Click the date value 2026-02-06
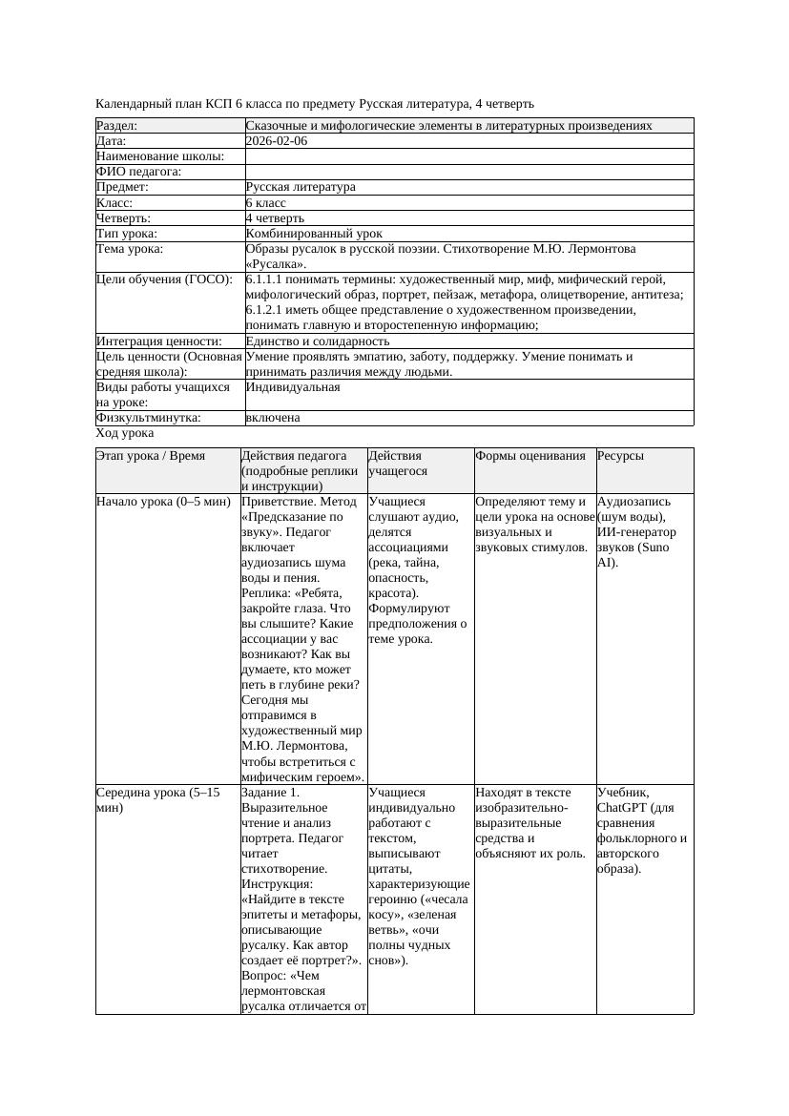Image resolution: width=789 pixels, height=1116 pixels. click(x=277, y=141)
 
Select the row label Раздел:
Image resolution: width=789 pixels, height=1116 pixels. click(x=117, y=126)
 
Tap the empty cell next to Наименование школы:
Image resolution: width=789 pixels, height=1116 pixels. click(x=468, y=156)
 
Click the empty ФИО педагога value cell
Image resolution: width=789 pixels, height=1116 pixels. click(x=468, y=172)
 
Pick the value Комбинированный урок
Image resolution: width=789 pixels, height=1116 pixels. click(x=314, y=234)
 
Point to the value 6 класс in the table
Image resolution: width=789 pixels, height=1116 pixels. click(x=266, y=203)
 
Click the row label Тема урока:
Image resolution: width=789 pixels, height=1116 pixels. click(x=130, y=249)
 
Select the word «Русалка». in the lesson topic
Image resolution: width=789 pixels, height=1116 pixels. click(x=276, y=264)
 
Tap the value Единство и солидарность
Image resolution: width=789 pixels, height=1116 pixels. click(x=318, y=341)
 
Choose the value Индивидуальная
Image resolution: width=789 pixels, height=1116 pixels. click(x=293, y=388)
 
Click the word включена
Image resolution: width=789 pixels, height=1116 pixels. click(x=273, y=419)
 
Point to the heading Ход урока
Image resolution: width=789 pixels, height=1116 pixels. click(x=125, y=433)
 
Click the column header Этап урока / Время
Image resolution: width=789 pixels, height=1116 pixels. click(x=151, y=457)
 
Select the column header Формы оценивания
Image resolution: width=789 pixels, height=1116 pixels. click(x=530, y=457)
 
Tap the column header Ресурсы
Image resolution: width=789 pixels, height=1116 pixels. click(x=621, y=457)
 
